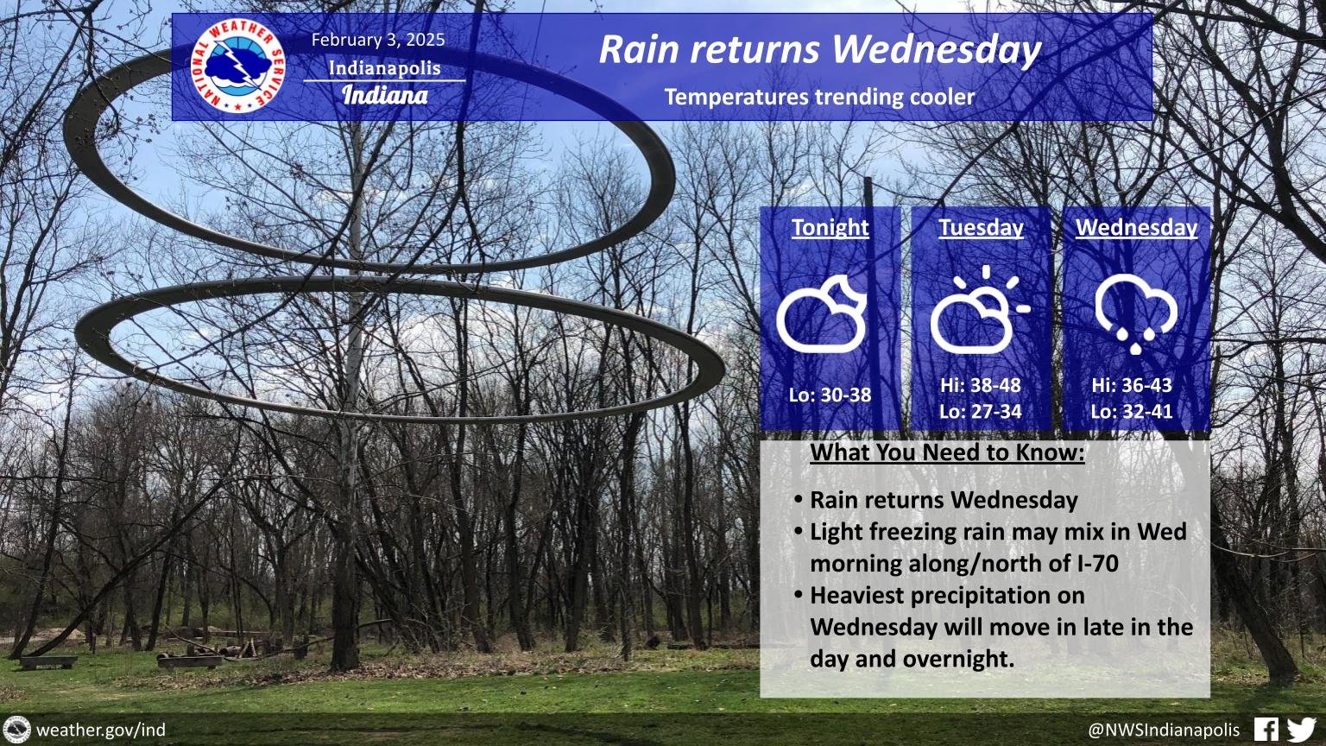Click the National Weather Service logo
[238, 67]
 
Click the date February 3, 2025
[378, 40]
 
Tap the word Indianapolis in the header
[384, 68]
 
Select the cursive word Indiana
[385, 94]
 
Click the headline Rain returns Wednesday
[819, 49]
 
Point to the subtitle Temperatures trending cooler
[819, 97]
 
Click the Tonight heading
[830, 227]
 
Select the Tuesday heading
[981, 227]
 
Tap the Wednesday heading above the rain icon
[1136, 227]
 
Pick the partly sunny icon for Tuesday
[979, 310]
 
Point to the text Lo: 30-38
[830, 395]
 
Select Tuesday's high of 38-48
[981, 385]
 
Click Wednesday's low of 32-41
[1132, 411]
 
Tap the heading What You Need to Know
[947, 452]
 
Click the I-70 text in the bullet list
[1094, 564]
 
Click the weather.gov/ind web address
[100, 730]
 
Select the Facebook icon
[1266, 730]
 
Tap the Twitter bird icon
[1301, 730]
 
